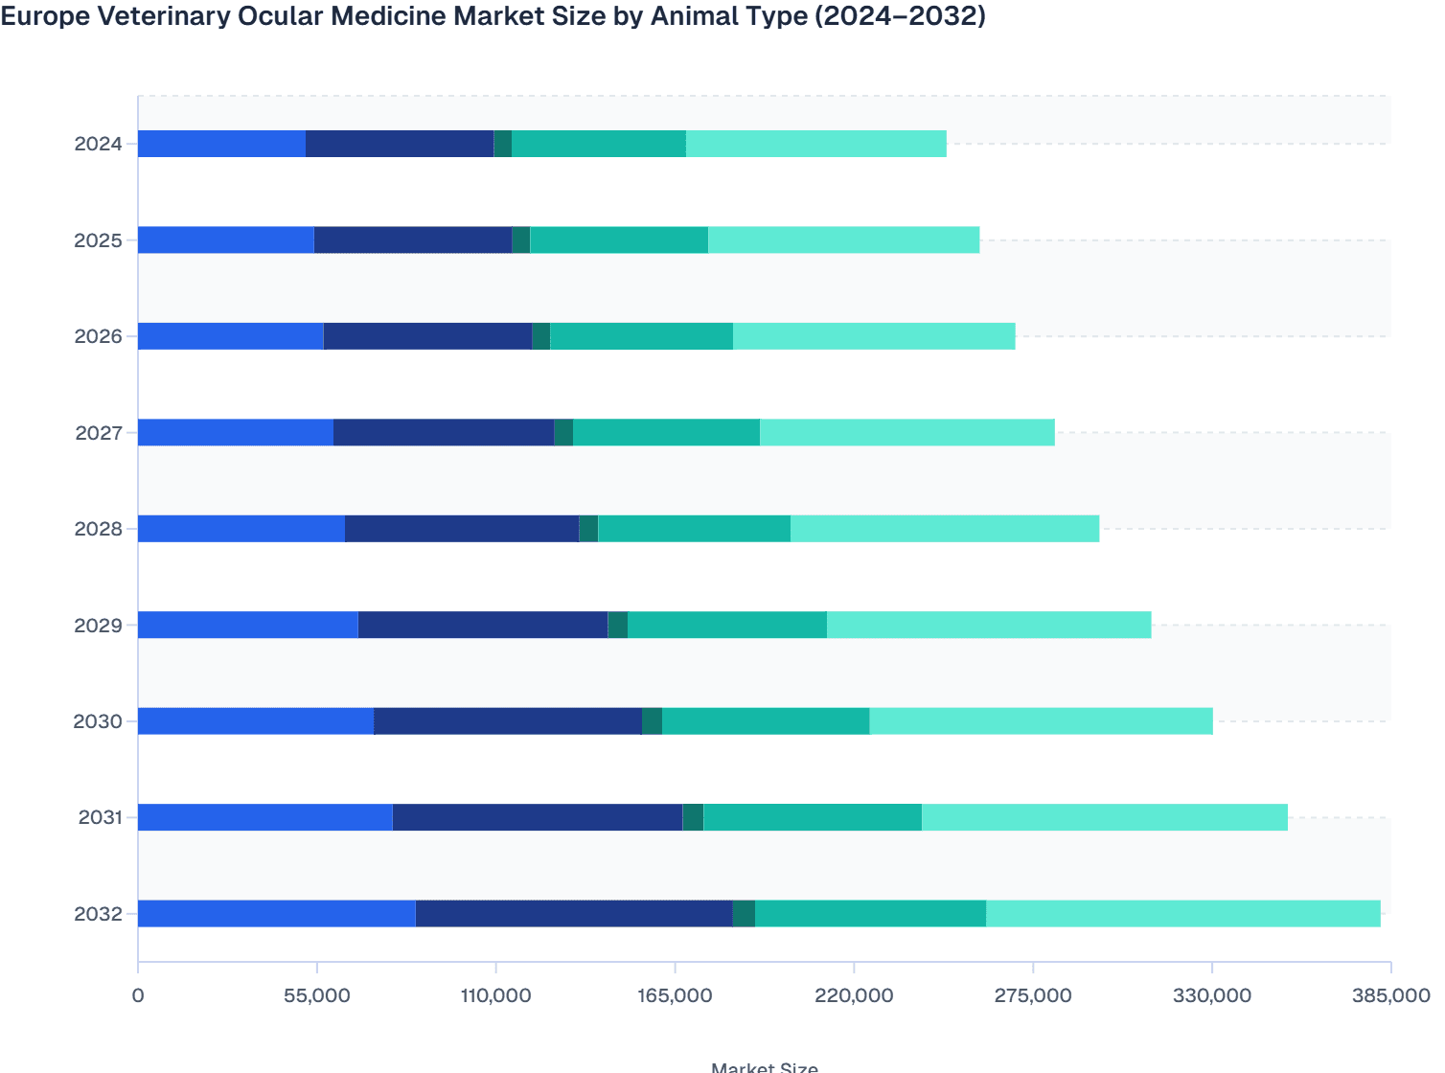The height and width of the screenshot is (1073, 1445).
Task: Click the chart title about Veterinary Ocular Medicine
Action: tap(493, 16)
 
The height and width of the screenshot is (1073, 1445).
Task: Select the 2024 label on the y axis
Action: tap(98, 145)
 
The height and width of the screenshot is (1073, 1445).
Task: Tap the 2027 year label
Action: tap(98, 433)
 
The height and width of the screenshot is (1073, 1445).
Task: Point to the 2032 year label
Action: tap(98, 914)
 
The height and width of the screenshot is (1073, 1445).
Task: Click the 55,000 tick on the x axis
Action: tap(316, 995)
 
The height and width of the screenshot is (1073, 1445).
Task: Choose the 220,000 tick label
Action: tap(854, 995)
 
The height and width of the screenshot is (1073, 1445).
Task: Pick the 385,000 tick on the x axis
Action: tap(1390, 995)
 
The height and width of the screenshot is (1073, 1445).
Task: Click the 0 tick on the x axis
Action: tap(138, 995)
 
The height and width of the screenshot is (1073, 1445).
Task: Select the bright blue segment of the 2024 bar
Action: tap(221, 144)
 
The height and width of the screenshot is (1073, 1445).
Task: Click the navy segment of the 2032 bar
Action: tap(574, 914)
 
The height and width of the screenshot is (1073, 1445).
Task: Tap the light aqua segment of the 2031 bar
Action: tap(1104, 817)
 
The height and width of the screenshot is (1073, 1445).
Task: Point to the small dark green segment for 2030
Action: tap(652, 721)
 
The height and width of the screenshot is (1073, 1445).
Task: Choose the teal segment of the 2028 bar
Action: tap(694, 529)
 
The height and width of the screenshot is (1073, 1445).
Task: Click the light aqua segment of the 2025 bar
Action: tap(843, 240)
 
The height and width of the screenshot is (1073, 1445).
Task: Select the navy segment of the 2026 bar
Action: tap(427, 336)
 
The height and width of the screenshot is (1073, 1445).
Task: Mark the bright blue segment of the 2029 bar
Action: tap(247, 625)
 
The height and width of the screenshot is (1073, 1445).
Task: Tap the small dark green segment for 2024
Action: tap(502, 144)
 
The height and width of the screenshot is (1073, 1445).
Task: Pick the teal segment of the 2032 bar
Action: tap(870, 914)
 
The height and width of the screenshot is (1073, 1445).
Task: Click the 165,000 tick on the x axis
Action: tap(675, 995)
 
